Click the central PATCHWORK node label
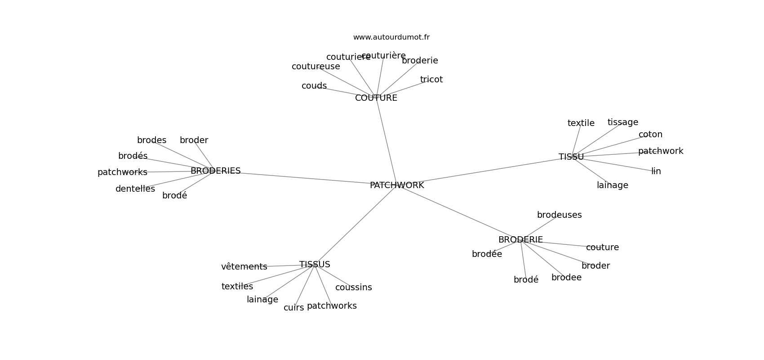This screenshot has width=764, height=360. (396, 185)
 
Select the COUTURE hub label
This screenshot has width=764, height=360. (376, 98)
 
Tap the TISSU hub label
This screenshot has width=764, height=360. (571, 157)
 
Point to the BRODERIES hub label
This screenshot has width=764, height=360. (215, 171)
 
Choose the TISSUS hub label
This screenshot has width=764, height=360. (315, 265)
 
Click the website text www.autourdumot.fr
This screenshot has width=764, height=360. (391, 37)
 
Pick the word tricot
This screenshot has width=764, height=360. (431, 80)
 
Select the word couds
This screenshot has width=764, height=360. (314, 86)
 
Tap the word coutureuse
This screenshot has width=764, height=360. (315, 67)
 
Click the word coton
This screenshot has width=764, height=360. (650, 135)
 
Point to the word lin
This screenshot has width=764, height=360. (656, 171)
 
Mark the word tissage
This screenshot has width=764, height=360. (622, 122)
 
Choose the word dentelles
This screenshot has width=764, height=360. (135, 189)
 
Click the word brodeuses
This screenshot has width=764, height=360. (559, 215)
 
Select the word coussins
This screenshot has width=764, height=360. (353, 288)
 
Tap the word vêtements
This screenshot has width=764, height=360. (244, 267)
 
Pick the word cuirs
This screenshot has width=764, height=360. (293, 308)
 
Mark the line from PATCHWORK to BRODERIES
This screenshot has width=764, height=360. (306, 178)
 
